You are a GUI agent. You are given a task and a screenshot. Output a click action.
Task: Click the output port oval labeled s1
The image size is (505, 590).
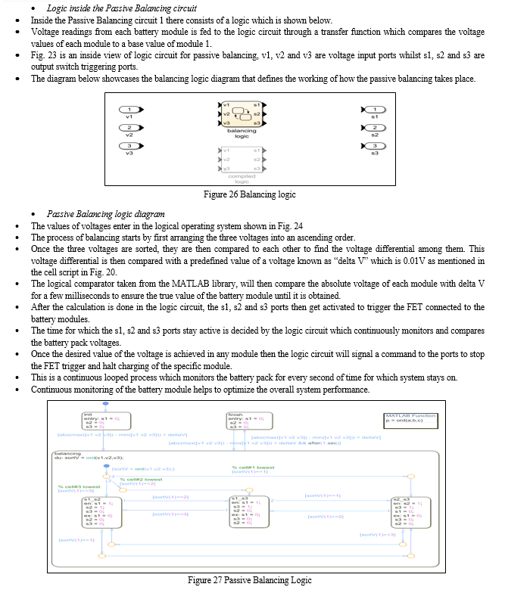tap(374, 110)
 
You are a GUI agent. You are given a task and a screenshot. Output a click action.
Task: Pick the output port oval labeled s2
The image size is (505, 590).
tap(374, 128)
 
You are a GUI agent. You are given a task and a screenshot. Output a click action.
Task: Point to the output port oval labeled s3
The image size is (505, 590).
tap(374, 146)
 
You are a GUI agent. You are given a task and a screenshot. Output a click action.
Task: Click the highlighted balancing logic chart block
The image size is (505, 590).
tap(242, 113)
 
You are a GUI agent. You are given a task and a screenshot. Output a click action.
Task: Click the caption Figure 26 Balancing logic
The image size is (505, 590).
tap(250, 194)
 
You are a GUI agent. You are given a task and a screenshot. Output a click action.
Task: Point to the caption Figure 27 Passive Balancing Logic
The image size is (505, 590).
tap(250, 580)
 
